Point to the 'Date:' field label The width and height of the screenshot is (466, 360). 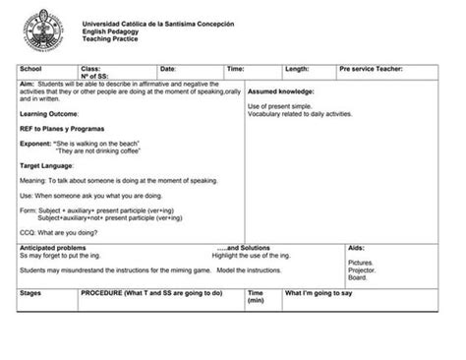coord(168,69)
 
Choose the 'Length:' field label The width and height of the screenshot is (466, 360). coord(297,69)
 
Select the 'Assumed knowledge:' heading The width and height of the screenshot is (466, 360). coord(280,91)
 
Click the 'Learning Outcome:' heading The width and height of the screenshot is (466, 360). coord(48,113)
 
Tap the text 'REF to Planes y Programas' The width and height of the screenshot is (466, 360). coord(62,129)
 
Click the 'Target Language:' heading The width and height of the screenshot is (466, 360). coord(47,166)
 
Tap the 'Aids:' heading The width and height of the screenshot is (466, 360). coord(357,248)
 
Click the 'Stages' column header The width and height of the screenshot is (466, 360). coord(31,293)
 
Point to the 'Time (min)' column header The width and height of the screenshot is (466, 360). coord(256,296)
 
